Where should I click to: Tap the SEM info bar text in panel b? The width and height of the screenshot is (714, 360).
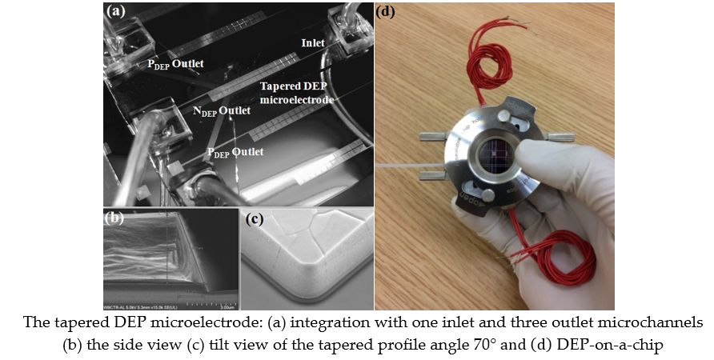(152, 305)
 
